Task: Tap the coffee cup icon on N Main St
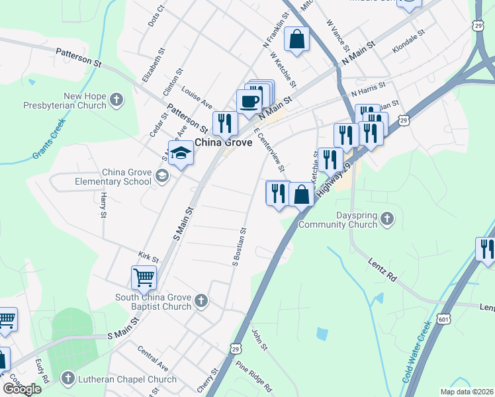tap(249, 103)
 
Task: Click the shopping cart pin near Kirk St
tap(143, 278)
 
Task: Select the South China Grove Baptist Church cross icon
tap(202, 302)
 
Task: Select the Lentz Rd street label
tap(382, 269)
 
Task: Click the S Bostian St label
tap(239, 247)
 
